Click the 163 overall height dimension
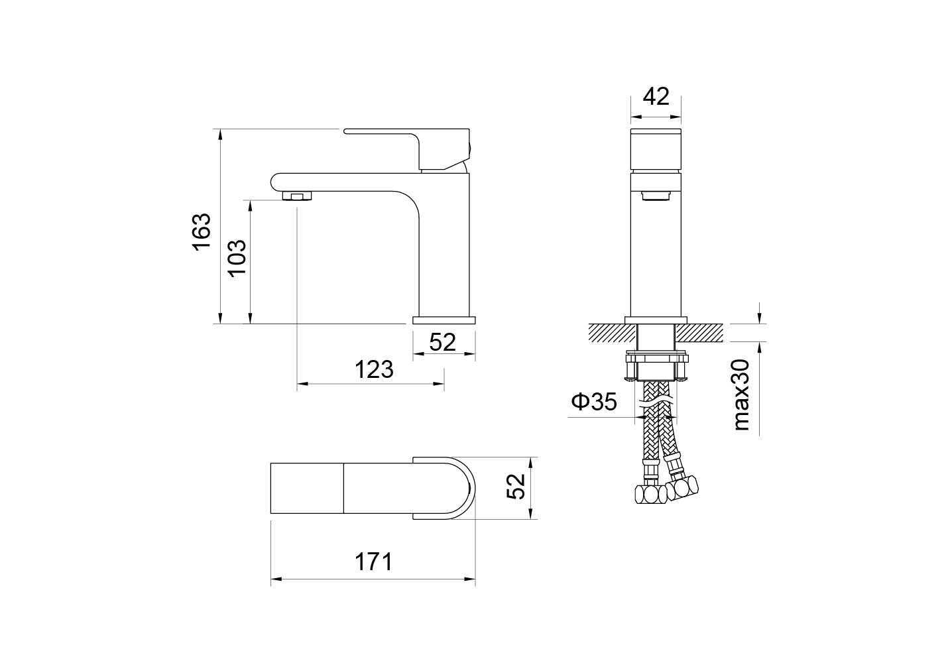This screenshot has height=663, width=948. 202,231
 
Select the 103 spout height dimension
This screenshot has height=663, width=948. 237,257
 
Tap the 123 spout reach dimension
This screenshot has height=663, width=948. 374,369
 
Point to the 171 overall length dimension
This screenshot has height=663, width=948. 373,562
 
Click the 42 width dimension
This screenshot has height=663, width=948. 656,97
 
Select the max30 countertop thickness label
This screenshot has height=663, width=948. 741,395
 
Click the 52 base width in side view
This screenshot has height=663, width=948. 443,342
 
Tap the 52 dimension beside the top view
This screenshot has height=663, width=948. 516,487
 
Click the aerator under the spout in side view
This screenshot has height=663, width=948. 297,196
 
